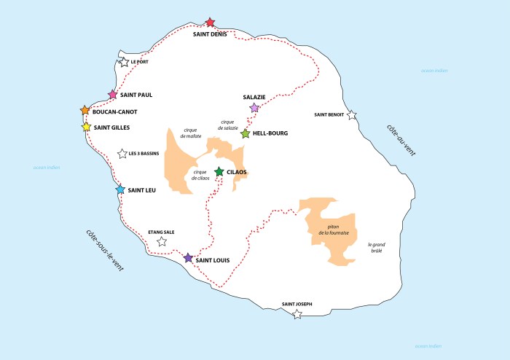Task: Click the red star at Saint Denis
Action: point(211,23)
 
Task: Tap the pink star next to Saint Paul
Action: point(113,95)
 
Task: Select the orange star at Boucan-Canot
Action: point(85,111)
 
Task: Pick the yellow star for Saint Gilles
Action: point(86,127)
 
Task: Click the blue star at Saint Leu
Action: point(120,189)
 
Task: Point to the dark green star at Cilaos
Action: point(219,172)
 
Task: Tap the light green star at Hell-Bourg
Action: point(246,134)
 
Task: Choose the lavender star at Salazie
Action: point(254,108)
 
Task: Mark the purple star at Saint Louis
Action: point(188,258)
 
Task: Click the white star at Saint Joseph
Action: point(297,315)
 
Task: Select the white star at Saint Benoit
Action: point(352,115)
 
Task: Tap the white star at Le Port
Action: point(124,63)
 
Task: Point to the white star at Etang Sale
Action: point(162,242)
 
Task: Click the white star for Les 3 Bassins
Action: point(122,154)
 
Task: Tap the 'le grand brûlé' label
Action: point(375,248)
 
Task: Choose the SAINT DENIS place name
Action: point(210,34)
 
